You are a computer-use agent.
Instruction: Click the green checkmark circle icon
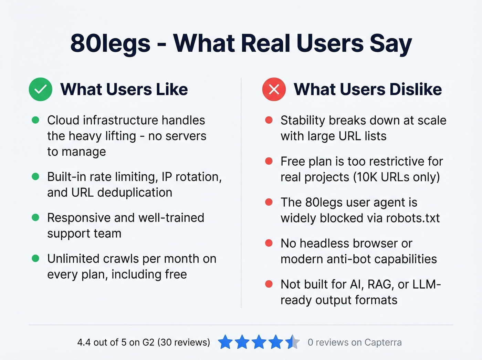tap(41, 89)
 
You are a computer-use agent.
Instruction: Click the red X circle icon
tap(274, 89)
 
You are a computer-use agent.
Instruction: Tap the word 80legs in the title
tap(110, 44)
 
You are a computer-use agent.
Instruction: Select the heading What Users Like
tap(124, 89)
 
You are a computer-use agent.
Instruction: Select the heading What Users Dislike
tap(368, 89)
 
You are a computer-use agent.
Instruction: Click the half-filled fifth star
tap(293, 342)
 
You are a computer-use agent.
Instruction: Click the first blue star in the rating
tap(226, 342)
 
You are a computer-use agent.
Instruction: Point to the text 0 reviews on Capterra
tap(355, 342)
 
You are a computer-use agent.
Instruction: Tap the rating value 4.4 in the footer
tap(84, 342)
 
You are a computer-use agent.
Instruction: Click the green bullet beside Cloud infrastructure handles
tap(35, 120)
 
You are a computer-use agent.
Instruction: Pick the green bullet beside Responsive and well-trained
tap(35, 218)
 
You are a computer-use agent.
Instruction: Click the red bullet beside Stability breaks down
tap(269, 120)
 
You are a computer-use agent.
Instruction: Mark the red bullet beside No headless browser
tap(269, 243)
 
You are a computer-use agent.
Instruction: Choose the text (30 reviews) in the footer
tap(184, 342)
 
